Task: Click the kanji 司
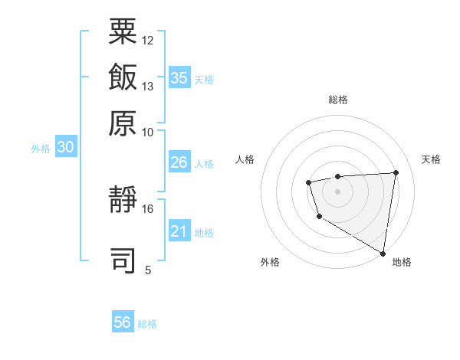pos(123,260)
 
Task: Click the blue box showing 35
pos(179,78)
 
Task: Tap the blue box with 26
pos(179,162)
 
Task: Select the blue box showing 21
pos(179,232)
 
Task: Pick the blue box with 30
pos(65,148)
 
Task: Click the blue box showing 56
pos(123,322)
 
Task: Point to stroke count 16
pos(148,208)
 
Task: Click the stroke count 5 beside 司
pos(148,270)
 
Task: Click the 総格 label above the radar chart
pos(338,100)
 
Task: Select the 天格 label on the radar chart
pos(431,159)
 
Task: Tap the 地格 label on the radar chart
pos(402,262)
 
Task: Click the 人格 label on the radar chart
pos(245,159)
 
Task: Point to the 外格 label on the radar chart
pos(270,262)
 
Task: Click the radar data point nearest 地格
pos(383,253)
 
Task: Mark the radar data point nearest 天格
pos(396,172)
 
